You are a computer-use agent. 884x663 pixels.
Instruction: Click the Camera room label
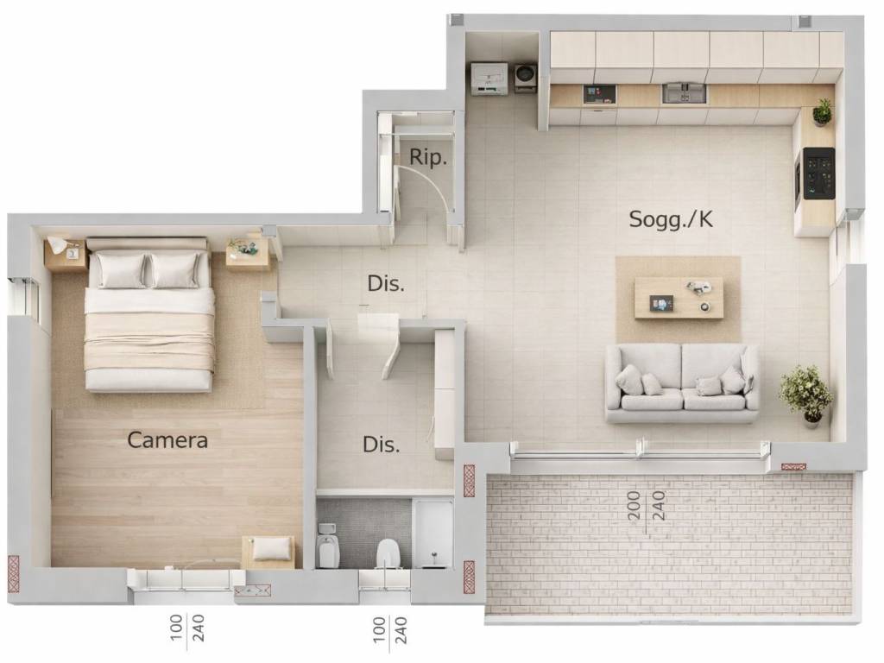(167, 439)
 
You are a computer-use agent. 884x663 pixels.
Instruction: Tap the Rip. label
(428, 157)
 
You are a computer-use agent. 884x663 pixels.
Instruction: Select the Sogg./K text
(671, 218)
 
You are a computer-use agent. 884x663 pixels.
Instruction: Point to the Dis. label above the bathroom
(381, 445)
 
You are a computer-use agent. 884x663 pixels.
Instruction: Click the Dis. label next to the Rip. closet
(386, 283)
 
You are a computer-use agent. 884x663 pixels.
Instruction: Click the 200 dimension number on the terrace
(635, 505)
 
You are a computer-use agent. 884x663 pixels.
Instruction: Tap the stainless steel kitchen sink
(684, 93)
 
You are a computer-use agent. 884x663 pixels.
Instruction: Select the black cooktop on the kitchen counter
(819, 173)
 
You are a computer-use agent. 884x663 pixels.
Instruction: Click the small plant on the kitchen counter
(823, 112)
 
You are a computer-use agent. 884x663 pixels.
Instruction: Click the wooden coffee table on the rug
(679, 298)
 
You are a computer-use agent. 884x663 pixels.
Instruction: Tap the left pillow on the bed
(121, 270)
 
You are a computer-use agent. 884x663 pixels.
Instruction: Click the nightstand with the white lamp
(65, 254)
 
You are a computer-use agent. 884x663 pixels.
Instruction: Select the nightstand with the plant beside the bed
(248, 251)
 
